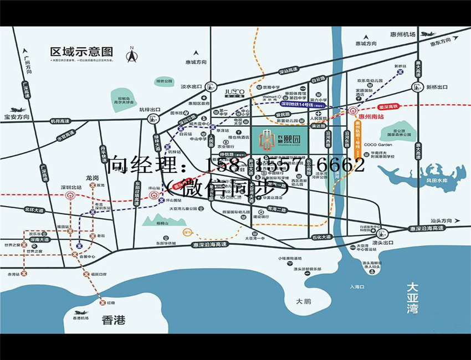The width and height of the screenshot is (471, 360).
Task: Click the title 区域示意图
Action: coord(81,52)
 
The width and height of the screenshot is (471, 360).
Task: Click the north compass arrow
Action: coord(131,55)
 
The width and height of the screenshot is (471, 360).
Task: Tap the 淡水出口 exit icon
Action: coord(210,86)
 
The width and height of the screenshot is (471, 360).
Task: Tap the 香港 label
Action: coord(114,320)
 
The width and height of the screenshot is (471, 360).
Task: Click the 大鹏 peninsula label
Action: coord(304,301)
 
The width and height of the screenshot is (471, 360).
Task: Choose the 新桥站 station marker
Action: coord(401,74)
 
